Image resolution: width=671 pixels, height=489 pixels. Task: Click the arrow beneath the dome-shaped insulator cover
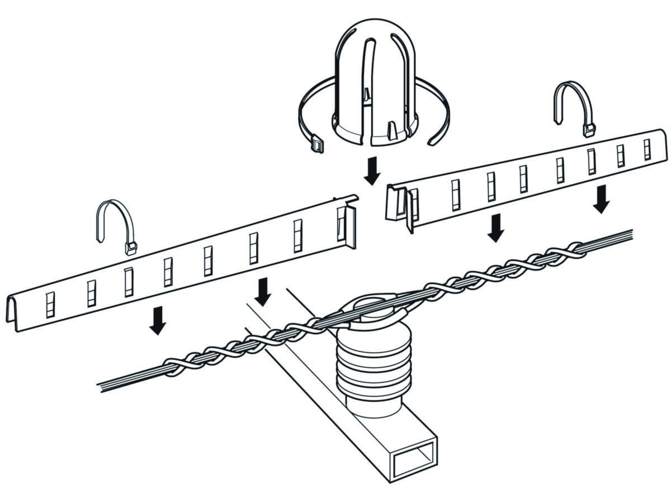click(371, 171)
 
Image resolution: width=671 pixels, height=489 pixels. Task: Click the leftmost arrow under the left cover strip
click(158, 320)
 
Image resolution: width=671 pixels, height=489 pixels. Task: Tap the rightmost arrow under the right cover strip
click(602, 199)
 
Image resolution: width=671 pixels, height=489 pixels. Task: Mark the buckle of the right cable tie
click(589, 130)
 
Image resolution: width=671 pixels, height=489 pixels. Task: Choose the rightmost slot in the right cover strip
click(647, 149)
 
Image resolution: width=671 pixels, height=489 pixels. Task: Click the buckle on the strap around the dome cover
click(318, 144)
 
